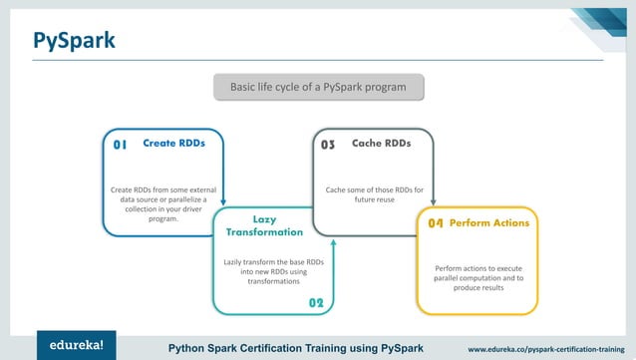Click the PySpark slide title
(74, 40)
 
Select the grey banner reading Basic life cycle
(318, 88)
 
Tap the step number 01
(120, 145)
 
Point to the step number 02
(316, 302)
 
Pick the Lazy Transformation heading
(264, 225)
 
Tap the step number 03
(327, 145)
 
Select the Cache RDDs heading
(381, 143)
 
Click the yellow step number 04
(435, 223)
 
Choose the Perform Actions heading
(489, 222)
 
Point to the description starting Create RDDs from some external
(163, 203)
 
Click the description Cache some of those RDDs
(375, 194)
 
